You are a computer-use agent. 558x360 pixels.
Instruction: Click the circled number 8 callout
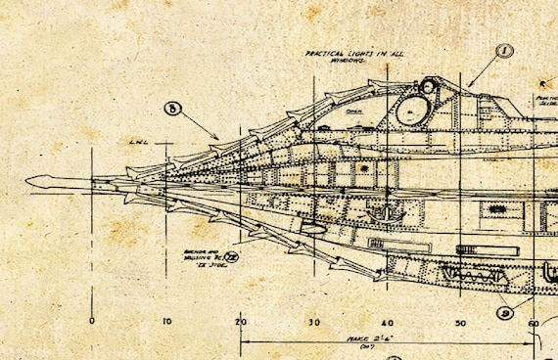[x=173, y=111]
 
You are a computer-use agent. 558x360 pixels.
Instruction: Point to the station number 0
[x=91, y=322]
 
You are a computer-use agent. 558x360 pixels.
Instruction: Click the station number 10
[x=165, y=322]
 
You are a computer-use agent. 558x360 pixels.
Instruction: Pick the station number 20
[x=241, y=322]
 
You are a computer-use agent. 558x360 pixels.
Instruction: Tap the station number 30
[x=314, y=322]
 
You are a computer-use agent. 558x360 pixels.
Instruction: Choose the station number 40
[x=388, y=322]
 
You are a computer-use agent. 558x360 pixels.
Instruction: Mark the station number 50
[x=461, y=322]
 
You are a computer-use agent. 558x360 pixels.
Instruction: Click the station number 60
[x=534, y=322]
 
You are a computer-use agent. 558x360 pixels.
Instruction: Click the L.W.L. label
[x=137, y=142]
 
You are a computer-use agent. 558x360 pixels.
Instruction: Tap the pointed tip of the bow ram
[x=26, y=180]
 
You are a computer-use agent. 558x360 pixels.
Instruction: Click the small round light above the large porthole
[x=427, y=87]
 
